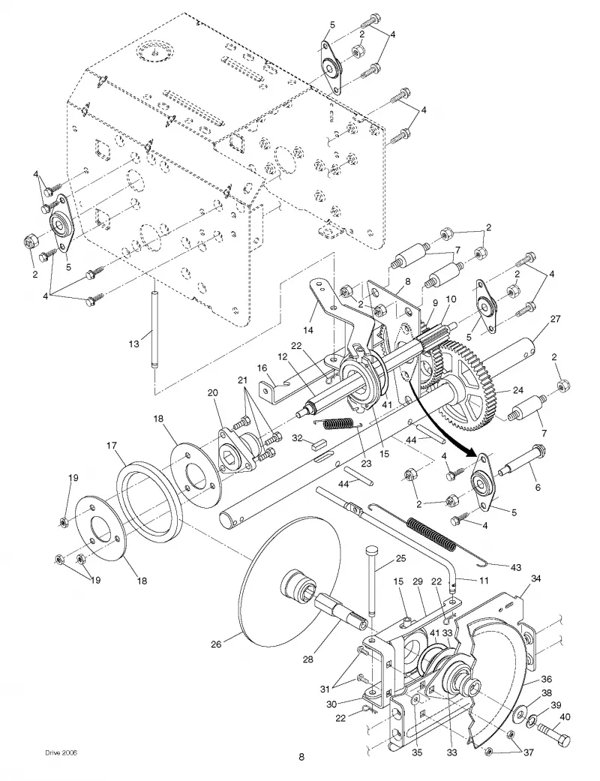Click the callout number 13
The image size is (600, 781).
pyautogui.click(x=134, y=343)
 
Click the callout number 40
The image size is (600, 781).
pyautogui.click(x=565, y=717)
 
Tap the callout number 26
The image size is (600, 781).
pyautogui.click(x=215, y=644)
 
